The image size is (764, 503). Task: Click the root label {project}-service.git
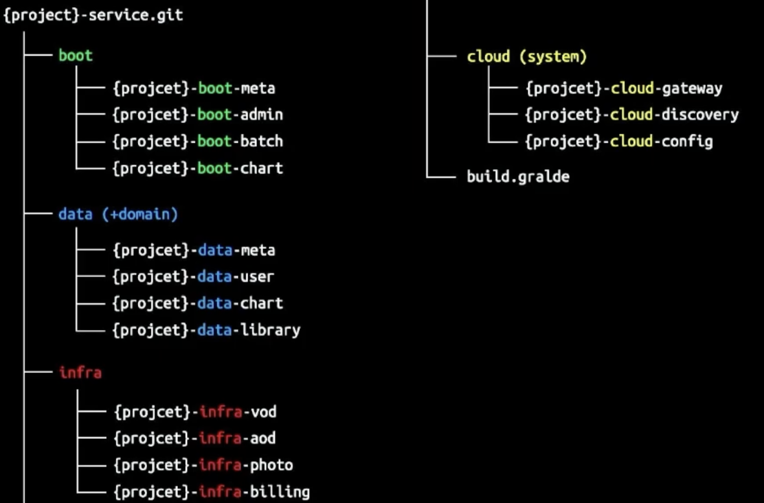click(x=93, y=15)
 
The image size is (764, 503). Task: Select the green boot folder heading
click(x=76, y=56)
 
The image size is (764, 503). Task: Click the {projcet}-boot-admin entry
click(x=197, y=115)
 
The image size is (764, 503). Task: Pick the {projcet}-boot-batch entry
click(x=197, y=141)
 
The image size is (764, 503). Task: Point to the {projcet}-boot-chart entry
click(x=197, y=169)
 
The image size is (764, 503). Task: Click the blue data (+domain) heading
click(x=118, y=214)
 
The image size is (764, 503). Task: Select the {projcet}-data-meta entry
click(x=194, y=250)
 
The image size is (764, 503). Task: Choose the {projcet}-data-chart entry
click(x=197, y=303)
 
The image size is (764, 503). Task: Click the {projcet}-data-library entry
click(x=207, y=330)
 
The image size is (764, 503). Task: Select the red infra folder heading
click(x=80, y=373)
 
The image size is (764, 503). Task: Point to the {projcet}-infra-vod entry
click(x=195, y=412)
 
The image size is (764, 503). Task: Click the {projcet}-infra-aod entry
click(x=195, y=438)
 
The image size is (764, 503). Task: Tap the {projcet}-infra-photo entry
click(x=203, y=465)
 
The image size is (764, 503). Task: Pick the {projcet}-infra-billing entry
click(x=212, y=492)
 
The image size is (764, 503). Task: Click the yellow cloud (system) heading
click(x=526, y=57)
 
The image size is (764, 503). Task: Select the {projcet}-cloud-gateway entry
click(x=624, y=88)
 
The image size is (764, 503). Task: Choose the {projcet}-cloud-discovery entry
click(x=632, y=115)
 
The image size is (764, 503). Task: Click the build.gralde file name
click(x=518, y=176)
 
